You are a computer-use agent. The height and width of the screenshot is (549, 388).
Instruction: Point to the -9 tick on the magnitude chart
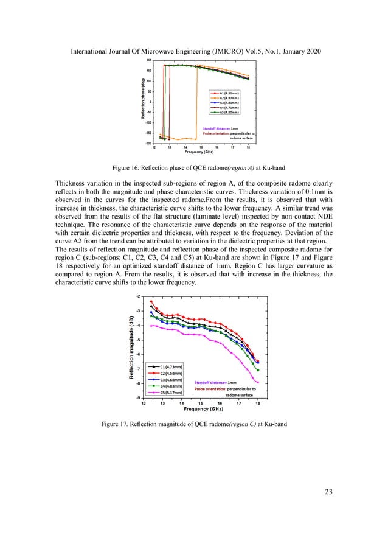pyautogui.click(x=138, y=398)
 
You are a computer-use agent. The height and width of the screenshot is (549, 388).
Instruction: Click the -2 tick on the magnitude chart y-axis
pyautogui.click(x=138, y=296)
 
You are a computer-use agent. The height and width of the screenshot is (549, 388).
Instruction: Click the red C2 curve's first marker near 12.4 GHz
pyautogui.click(x=151, y=301)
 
